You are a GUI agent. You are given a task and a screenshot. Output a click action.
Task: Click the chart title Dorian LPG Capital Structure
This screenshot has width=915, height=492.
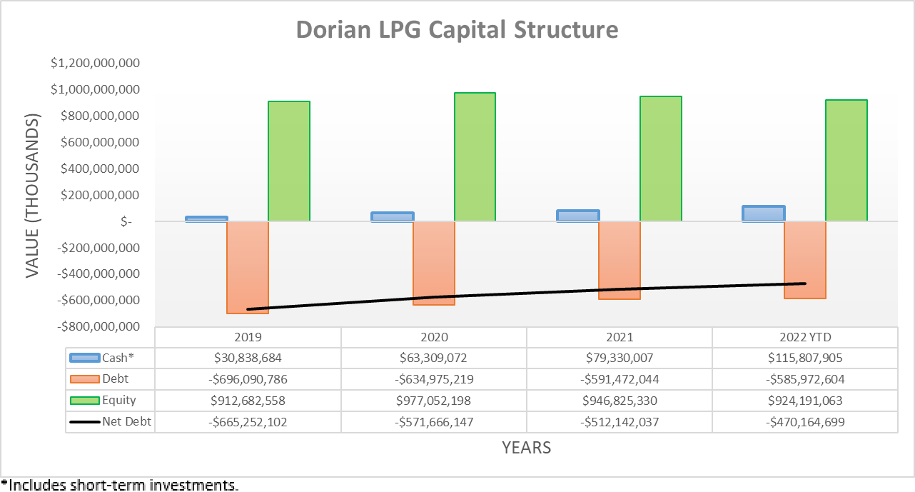[457, 30]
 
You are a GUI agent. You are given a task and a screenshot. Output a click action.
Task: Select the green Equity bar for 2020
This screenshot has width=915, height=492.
[475, 156]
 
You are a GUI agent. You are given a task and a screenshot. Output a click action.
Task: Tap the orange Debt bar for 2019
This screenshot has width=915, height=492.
[248, 267]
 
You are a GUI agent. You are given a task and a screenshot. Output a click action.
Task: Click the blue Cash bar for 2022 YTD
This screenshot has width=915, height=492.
[763, 214]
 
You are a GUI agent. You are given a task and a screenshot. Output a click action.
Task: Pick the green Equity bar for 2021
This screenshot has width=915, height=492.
[660, 159]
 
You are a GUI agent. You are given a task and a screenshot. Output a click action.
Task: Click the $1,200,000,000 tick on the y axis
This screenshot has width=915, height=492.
[95, 64]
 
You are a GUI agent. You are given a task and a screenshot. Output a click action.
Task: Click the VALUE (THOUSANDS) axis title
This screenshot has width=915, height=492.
[33, 194]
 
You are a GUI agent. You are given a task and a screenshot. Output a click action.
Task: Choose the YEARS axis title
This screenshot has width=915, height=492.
[526, 448]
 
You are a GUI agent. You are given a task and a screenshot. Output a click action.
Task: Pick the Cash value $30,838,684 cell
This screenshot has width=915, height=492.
[248, 358]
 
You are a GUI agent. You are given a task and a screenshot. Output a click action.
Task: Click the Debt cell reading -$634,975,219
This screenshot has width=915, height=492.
[433, 379]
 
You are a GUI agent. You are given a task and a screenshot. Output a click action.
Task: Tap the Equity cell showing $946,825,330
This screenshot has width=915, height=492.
[619, 401]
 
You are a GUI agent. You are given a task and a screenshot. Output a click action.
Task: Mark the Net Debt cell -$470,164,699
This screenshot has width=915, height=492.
[804, 422]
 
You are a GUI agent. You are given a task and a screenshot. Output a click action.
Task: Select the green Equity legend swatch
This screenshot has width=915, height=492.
[84, 401]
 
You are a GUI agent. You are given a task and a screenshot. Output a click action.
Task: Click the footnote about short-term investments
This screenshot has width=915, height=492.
[120, 486]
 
